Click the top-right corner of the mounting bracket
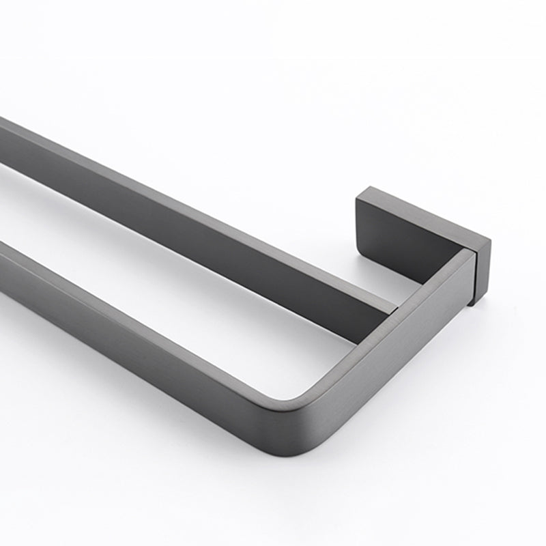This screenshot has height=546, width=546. click(x=489, y=240)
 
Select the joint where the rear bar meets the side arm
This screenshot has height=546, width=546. click(x=394, y=311)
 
